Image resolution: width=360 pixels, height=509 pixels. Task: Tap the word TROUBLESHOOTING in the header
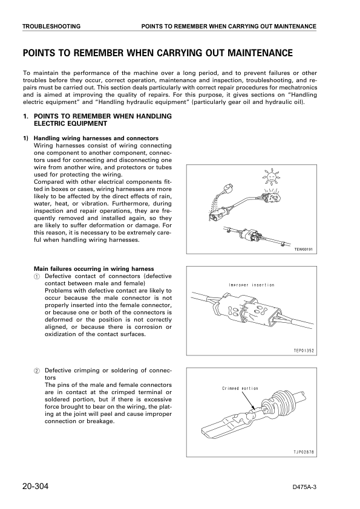point(51,27)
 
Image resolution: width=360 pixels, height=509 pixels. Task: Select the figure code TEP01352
point(304,349)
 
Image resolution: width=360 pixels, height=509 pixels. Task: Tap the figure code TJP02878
point(304,451)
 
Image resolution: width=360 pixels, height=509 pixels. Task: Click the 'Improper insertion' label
point(251,285)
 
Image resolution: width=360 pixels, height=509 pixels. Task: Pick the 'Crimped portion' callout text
point(240,389)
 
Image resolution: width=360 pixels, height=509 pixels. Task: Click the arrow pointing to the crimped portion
point(248,401)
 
